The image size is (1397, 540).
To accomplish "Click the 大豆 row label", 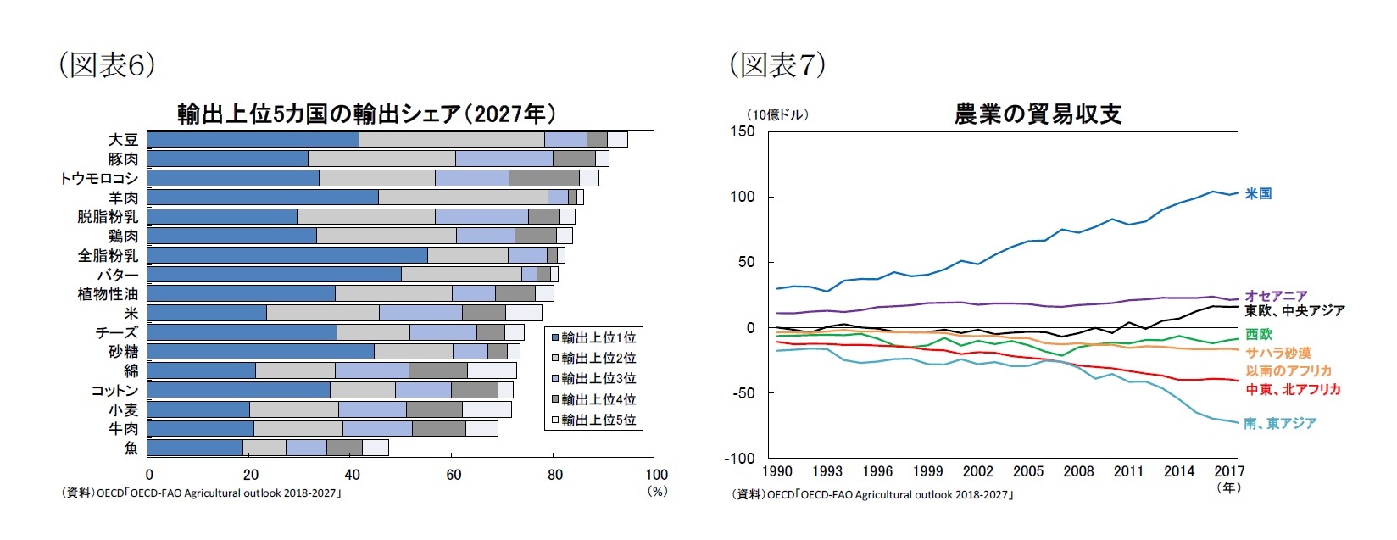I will click(123, 140).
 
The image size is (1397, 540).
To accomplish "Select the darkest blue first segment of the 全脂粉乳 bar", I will click(287, 255).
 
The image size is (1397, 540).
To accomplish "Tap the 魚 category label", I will click(131, 448).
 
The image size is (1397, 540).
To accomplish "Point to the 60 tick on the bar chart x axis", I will click(454, 475).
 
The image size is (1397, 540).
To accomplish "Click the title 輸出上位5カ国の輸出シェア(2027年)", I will click(366, 114).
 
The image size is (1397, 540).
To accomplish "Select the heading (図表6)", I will click(106, 64).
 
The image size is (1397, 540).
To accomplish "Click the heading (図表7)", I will click(777, 64).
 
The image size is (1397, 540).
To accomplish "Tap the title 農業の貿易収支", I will click(1038, 114).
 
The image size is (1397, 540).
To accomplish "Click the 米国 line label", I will click(1258, 194).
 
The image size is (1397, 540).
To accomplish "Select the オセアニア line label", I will click(1276, 296).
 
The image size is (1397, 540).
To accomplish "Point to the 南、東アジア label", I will click(1280, 423).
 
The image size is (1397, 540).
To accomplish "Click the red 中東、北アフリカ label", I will click(1293, 389).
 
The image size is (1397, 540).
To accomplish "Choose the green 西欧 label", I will click(1258, 335).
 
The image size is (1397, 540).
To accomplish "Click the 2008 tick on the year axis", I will click(1078, 471).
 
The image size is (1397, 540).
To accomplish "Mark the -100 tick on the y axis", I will click(739, 458).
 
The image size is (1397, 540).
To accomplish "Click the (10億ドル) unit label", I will click(777, 114).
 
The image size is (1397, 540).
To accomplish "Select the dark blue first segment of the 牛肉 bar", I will click(201, 428).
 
